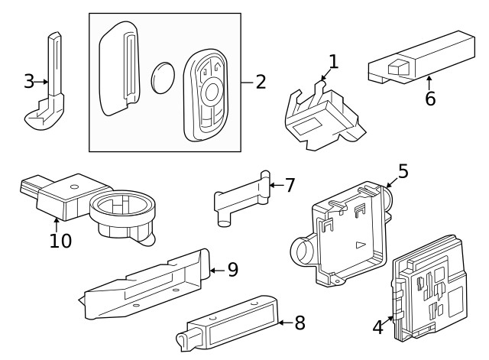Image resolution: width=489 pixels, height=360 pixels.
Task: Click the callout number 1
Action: [x=332, y=62]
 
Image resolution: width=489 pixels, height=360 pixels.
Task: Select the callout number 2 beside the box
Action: [x=261, y=81]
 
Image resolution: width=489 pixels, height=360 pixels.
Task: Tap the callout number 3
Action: [x=29, y=79]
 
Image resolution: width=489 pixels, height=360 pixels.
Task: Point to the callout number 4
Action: [x=377, y=327]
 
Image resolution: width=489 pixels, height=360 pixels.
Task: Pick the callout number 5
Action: [x=403, y=171]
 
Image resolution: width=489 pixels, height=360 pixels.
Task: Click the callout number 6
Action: [x=430, y=99]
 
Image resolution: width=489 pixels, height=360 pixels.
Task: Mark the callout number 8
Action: [x=300, y=323]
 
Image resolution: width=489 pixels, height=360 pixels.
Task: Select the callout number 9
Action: [x=233, y=269]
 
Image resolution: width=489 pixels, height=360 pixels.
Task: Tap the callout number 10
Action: [x=60, y=241]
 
